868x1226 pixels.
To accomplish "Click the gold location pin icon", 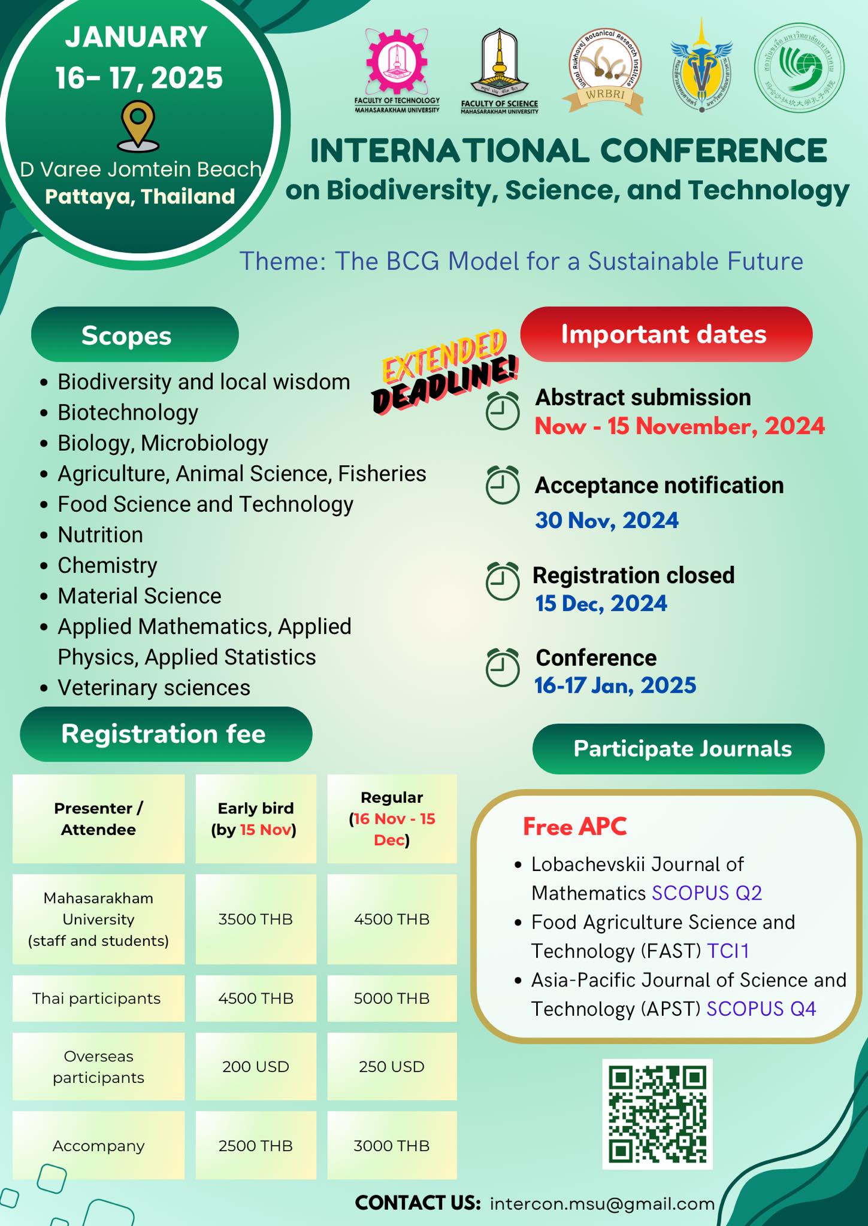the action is [x=139, y=125].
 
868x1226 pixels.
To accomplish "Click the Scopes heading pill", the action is [x=135, y=335].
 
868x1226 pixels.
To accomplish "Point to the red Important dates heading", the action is [x=666, y=334].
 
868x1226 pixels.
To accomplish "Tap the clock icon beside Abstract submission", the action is [x=502, y=411].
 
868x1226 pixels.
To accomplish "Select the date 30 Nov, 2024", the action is [x=606, y=520].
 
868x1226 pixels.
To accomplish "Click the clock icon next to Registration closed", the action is [x=502, y=581].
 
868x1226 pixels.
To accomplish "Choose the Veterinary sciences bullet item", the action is [x=153, y=688].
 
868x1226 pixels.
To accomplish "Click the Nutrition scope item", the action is [x=100, y=535].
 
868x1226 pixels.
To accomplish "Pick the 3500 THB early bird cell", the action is [x=256, y=919].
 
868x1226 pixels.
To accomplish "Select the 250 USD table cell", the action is [x=392, y=1066].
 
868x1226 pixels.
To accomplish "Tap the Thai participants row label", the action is [x=96, y=998].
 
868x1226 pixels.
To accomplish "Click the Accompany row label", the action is [x=98, y=1145].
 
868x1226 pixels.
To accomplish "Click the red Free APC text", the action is [x=574, y=826].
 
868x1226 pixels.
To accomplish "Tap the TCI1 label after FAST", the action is [x=728, y=951].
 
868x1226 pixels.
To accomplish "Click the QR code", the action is [x=657, y=1113].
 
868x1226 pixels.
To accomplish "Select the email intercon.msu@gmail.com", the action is [x=602, y=1203].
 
